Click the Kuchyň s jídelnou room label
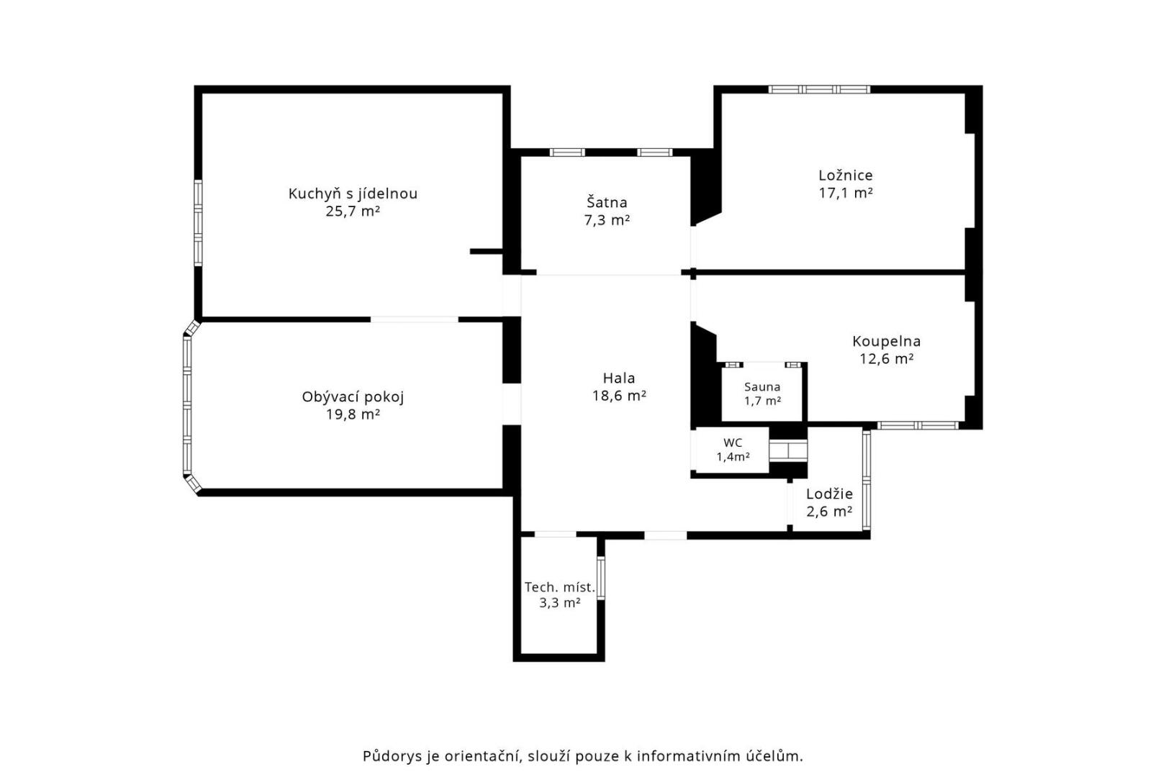coord(353,194)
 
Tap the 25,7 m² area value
coord(353,212)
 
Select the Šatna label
coord(607,201)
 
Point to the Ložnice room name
coord(845,175)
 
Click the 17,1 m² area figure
coord(845,193)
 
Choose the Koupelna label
coord(887,342)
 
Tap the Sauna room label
coord(762,386)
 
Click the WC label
coord(733,443)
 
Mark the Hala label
coord(619,378)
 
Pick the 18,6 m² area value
coord(619,396)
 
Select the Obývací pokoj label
coord(353,397)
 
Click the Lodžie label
coord(829,494)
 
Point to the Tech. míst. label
coord(559,588)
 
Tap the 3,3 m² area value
coord(559,603)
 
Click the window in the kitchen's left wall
coord(198,223)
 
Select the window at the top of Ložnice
coord(819,89)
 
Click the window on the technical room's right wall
coord(601,578)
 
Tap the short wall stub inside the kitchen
coord(486,251)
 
